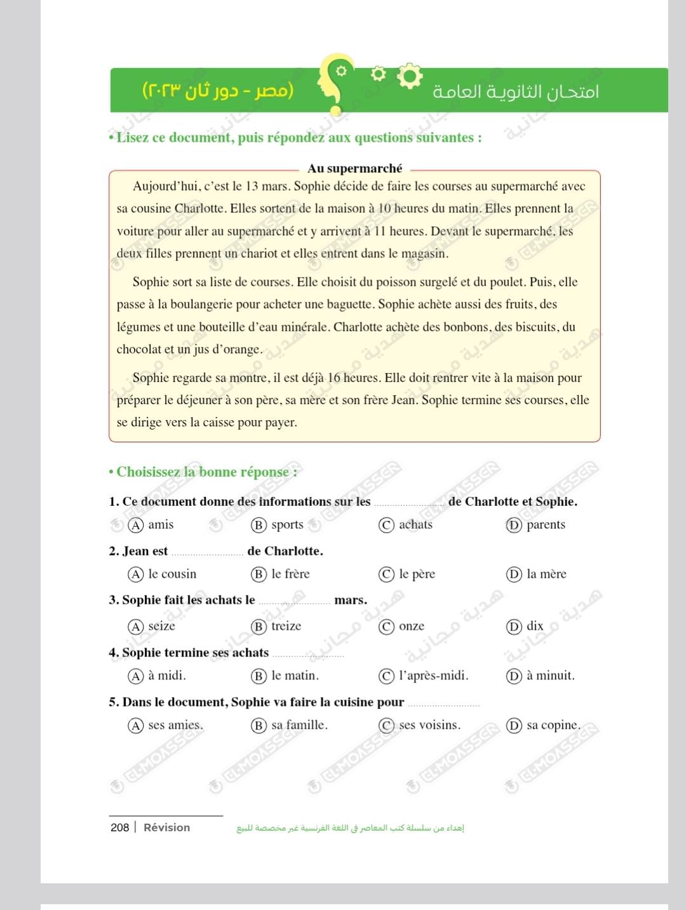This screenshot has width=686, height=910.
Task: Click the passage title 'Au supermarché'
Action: pos(354,168)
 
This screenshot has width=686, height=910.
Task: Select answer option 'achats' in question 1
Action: pos(415,525)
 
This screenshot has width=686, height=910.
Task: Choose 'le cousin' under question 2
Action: pos(172,574)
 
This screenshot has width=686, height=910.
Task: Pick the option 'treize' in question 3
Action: pos(286,627)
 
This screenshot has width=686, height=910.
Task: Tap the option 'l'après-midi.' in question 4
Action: pos(433,676)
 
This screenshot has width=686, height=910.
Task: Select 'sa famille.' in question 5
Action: pos(299,726)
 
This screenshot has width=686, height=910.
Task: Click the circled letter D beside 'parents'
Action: pos(514,526)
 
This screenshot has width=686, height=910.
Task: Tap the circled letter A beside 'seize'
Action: pos(136,627)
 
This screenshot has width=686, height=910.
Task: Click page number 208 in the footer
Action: pos(119,827)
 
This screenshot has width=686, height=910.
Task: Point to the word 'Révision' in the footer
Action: pos(166,827)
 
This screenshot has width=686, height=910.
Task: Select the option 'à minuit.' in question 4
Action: pos(550,676)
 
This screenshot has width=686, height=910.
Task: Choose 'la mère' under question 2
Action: pos(546,574)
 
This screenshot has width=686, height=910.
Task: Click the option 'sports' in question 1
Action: pos(287,525)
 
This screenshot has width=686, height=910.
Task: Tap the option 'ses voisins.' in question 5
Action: pos(429,726)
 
